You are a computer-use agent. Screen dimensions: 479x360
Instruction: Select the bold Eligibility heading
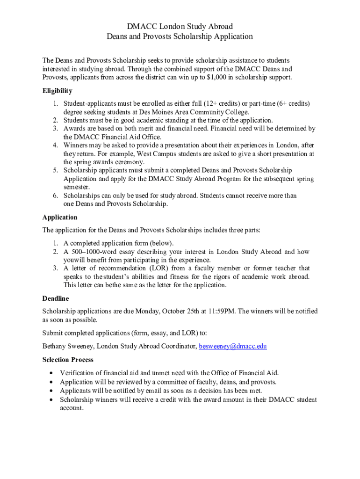click(x=57, y=91)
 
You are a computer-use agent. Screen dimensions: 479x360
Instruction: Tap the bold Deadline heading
click(x=56, y=298)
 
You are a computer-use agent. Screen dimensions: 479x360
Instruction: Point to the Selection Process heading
click(x=68, y=360)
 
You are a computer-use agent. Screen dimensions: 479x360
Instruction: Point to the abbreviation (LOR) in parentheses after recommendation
click(x=159, y=269)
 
